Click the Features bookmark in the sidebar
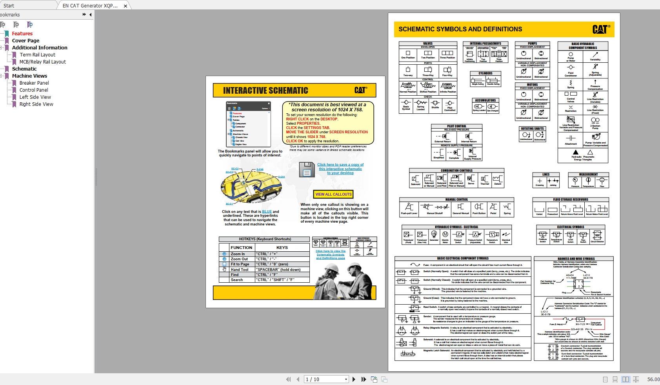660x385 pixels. pyautogui.click(x=22, y=34)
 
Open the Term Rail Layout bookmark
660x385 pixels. pyautogui.click(x=37, y=55)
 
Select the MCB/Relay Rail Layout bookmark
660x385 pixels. pyautogui.click(x=42, y=62)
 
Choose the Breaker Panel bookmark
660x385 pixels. pyautogui.click(x=34, y=83)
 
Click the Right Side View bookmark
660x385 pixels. pyautogui.click(x=36, y=104)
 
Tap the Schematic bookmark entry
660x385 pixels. pyautogui.click(x=24, y=69)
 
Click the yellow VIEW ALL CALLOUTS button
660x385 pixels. pyautogui.click(x=333, y=194)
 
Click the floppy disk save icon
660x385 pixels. pyautogui.click(x=307, y=170)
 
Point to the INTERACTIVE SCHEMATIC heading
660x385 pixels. pyautogui.click(x=265, y=91)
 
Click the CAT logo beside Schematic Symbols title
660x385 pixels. pyautogui.click(x=601, y=29)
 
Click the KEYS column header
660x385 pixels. pyautogui.click(x=282, y=248)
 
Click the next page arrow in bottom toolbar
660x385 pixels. pyautogui.click(x=354, y=380)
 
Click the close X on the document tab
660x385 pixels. pyautogui.click(x=125, y=6)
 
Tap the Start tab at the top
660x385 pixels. pyautogui.click(x=9, y=5)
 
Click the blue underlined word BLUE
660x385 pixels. pyautogui.click(x=267, y=212)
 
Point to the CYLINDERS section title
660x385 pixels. pyautogui.click(x=485, y=73)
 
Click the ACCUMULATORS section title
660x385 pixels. pyautogui.click(x=485, y=100)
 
